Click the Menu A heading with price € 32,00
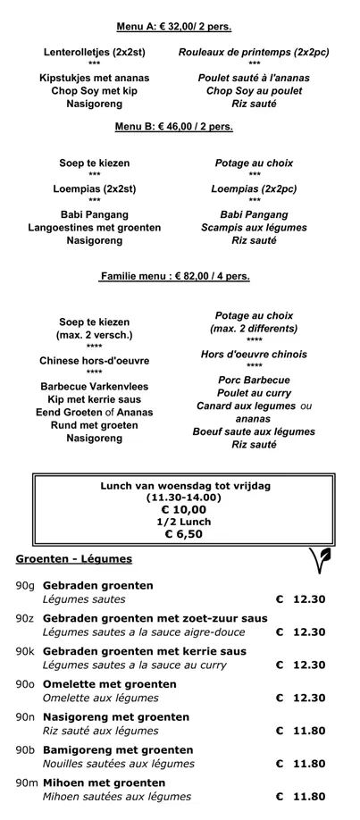tap(174, 26)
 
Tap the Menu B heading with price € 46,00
tap(174, 127)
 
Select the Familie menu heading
tap(174, 277)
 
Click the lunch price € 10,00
tap(183, 509)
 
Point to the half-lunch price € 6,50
tap(183, 534)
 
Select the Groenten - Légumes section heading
tap(74, 559)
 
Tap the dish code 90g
tap(25, 586)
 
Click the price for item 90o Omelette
tap(301, 699)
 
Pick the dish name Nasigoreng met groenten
tap(116, 717)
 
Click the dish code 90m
tap(26, 782)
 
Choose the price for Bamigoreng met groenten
tap(301, 764)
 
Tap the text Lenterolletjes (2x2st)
tap(95, 53)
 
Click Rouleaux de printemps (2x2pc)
tap(254, 53)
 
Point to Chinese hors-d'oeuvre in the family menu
tap(95, 361)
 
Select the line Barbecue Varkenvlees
tap(95, 387)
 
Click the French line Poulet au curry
tap(254, 393)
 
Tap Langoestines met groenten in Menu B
tap(95, 228)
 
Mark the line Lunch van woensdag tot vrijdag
tap(185, 486)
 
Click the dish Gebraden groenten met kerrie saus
tap(144, 652)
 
